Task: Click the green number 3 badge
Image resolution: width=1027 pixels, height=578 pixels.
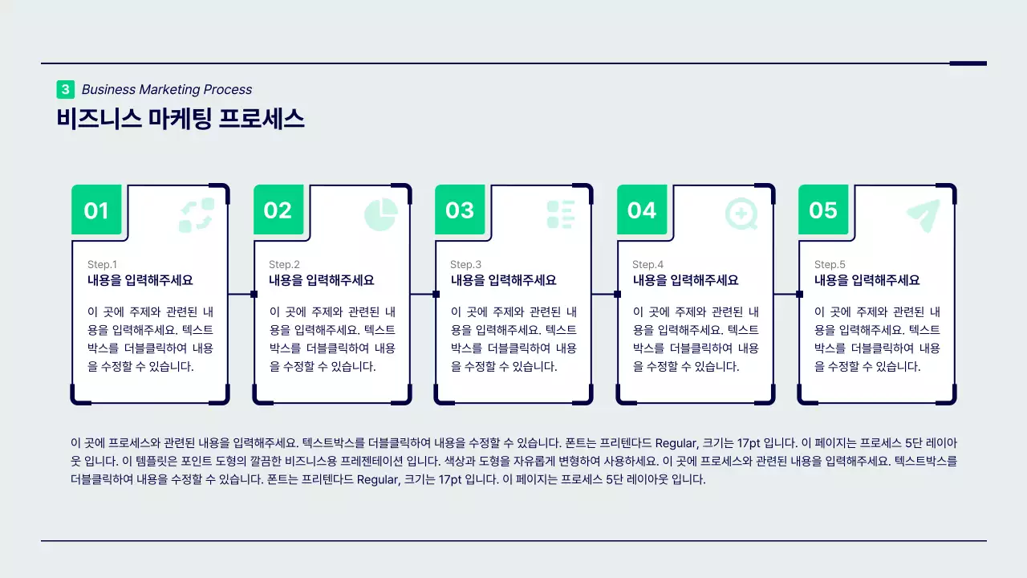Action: (65, 89)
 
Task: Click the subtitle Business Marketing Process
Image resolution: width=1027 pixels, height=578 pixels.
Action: (167, 89)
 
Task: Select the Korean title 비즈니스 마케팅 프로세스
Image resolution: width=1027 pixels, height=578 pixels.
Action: (181, 119)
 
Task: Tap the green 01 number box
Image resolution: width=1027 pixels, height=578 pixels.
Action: (96, 210)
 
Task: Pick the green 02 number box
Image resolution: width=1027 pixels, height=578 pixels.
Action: (278, 210)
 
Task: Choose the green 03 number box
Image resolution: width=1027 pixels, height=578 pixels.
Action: (460, 210)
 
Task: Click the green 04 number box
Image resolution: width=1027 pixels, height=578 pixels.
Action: (642, 210)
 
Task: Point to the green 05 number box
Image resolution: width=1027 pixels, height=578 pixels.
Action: (823, 210)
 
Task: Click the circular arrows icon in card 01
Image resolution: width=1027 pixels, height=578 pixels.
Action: (197, 215)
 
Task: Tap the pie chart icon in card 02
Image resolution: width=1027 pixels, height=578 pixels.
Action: (381, 214)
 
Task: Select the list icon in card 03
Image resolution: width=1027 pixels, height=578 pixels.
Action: (561, 214)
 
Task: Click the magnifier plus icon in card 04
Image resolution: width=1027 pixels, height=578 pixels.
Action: (741, 214)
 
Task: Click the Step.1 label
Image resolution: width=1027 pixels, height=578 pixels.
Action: (102, 264)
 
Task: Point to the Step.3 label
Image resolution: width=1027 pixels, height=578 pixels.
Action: (465, 264)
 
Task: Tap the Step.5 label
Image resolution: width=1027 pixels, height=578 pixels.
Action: (830, 264)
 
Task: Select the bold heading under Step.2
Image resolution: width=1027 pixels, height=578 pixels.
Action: (321, 280)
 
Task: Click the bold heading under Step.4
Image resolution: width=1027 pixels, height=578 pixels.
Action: (685, 280)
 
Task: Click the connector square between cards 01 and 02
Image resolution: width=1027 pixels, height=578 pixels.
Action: (254, 294)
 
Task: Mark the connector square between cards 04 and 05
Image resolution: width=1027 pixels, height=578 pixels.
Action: (799, 294)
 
